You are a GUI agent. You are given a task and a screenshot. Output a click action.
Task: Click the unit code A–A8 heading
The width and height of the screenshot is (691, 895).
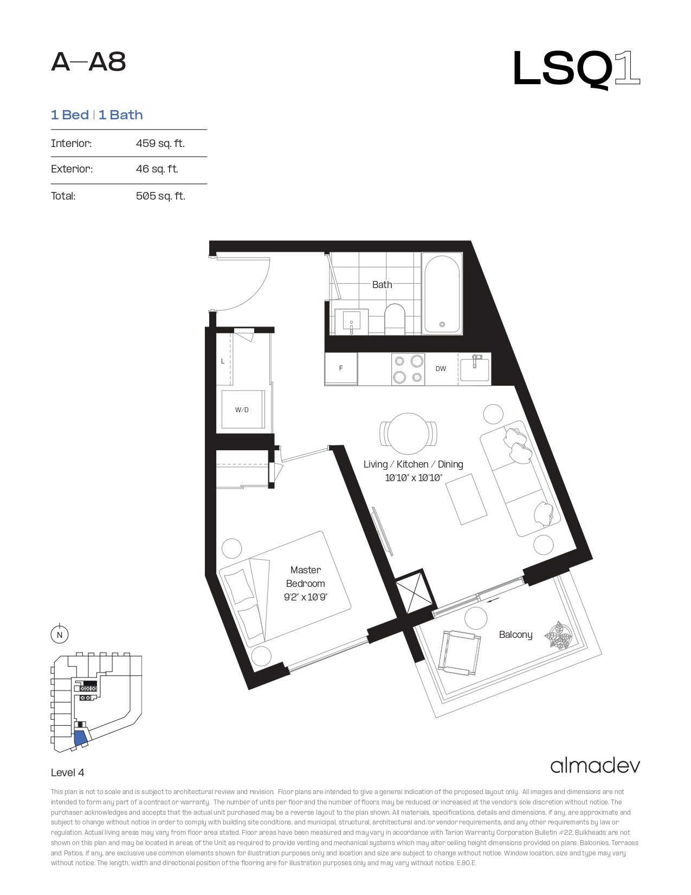88,62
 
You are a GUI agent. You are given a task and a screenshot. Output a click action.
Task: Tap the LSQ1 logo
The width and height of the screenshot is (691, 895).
576,69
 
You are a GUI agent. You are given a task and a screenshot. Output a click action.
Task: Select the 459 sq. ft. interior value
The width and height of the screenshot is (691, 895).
160,143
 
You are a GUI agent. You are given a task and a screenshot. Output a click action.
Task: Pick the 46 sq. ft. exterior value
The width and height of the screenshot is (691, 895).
157,169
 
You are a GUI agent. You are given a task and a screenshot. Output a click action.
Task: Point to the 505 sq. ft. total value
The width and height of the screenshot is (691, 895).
160,196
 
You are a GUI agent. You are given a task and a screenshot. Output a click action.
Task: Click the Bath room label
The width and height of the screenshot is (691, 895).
382,285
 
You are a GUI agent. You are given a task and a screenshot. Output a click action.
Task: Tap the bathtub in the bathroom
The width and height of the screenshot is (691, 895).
442,293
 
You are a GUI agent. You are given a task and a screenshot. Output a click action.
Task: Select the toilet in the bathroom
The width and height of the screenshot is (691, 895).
395,319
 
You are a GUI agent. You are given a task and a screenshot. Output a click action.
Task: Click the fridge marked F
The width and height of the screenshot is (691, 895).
341,369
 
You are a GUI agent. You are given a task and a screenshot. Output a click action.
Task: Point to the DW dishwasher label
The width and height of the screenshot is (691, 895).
441,369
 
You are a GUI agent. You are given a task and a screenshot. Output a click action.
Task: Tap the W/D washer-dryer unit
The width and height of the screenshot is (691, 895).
242,410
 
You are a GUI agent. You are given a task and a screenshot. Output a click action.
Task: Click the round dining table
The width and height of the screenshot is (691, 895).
408,434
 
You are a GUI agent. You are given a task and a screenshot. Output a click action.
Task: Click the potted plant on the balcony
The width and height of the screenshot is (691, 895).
558,636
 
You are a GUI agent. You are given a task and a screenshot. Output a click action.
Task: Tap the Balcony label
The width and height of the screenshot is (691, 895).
516,635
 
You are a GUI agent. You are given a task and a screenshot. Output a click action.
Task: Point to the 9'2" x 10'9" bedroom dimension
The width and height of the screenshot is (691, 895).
305,597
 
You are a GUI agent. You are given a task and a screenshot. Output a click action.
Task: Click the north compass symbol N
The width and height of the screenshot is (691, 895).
60,635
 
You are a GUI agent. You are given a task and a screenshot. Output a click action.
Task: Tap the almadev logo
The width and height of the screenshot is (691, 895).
595,766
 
